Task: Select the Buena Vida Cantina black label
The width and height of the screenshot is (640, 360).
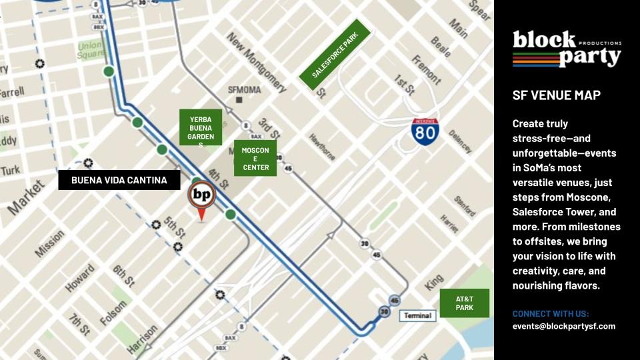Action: (119, 180)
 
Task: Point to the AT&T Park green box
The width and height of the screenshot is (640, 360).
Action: (464, 303)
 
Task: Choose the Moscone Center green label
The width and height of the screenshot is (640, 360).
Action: (255, 159)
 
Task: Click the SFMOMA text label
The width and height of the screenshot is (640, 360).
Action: (245, 90)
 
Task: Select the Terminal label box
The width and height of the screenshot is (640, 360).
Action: (417, 315)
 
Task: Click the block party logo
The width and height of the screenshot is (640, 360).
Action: (566, 49)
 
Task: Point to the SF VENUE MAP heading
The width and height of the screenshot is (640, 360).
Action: (556, 95)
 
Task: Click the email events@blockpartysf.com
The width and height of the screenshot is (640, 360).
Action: (563, 327)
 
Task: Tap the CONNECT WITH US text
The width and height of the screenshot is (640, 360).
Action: (551, 314)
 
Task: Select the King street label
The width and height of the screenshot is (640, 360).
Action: (433, 282)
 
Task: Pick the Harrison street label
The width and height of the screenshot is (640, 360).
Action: (142, 339)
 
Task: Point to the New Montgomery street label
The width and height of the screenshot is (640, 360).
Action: (257, 63)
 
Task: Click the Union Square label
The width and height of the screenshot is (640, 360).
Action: (90, 51)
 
